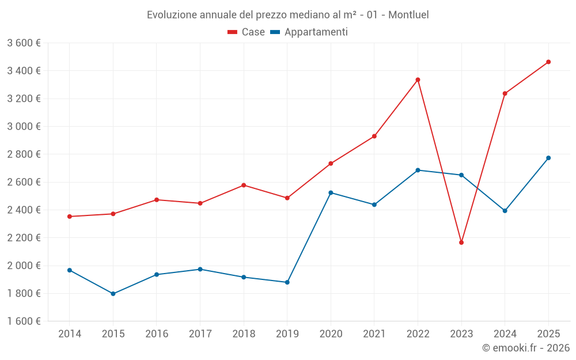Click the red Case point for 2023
pos(461,242)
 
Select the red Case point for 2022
pos(418,79)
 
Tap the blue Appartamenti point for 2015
pos(113,294)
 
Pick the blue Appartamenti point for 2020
pos(331,192)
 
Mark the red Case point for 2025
pos(548,62)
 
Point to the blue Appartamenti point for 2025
pos(548,158)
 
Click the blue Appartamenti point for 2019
pos(287,282)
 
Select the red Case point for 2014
pos(70,217)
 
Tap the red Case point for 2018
pos(244,185)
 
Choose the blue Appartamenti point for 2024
pos(505,211)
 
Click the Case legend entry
pos(247,32)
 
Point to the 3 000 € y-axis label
pos(24,126)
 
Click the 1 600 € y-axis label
pos(24,321)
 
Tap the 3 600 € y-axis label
pos(24,43)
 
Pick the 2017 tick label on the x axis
pos(200,334)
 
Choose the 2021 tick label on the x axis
pos(374,334)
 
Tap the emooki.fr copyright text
pos(526,348)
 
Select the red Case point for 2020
pos(331,164)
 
